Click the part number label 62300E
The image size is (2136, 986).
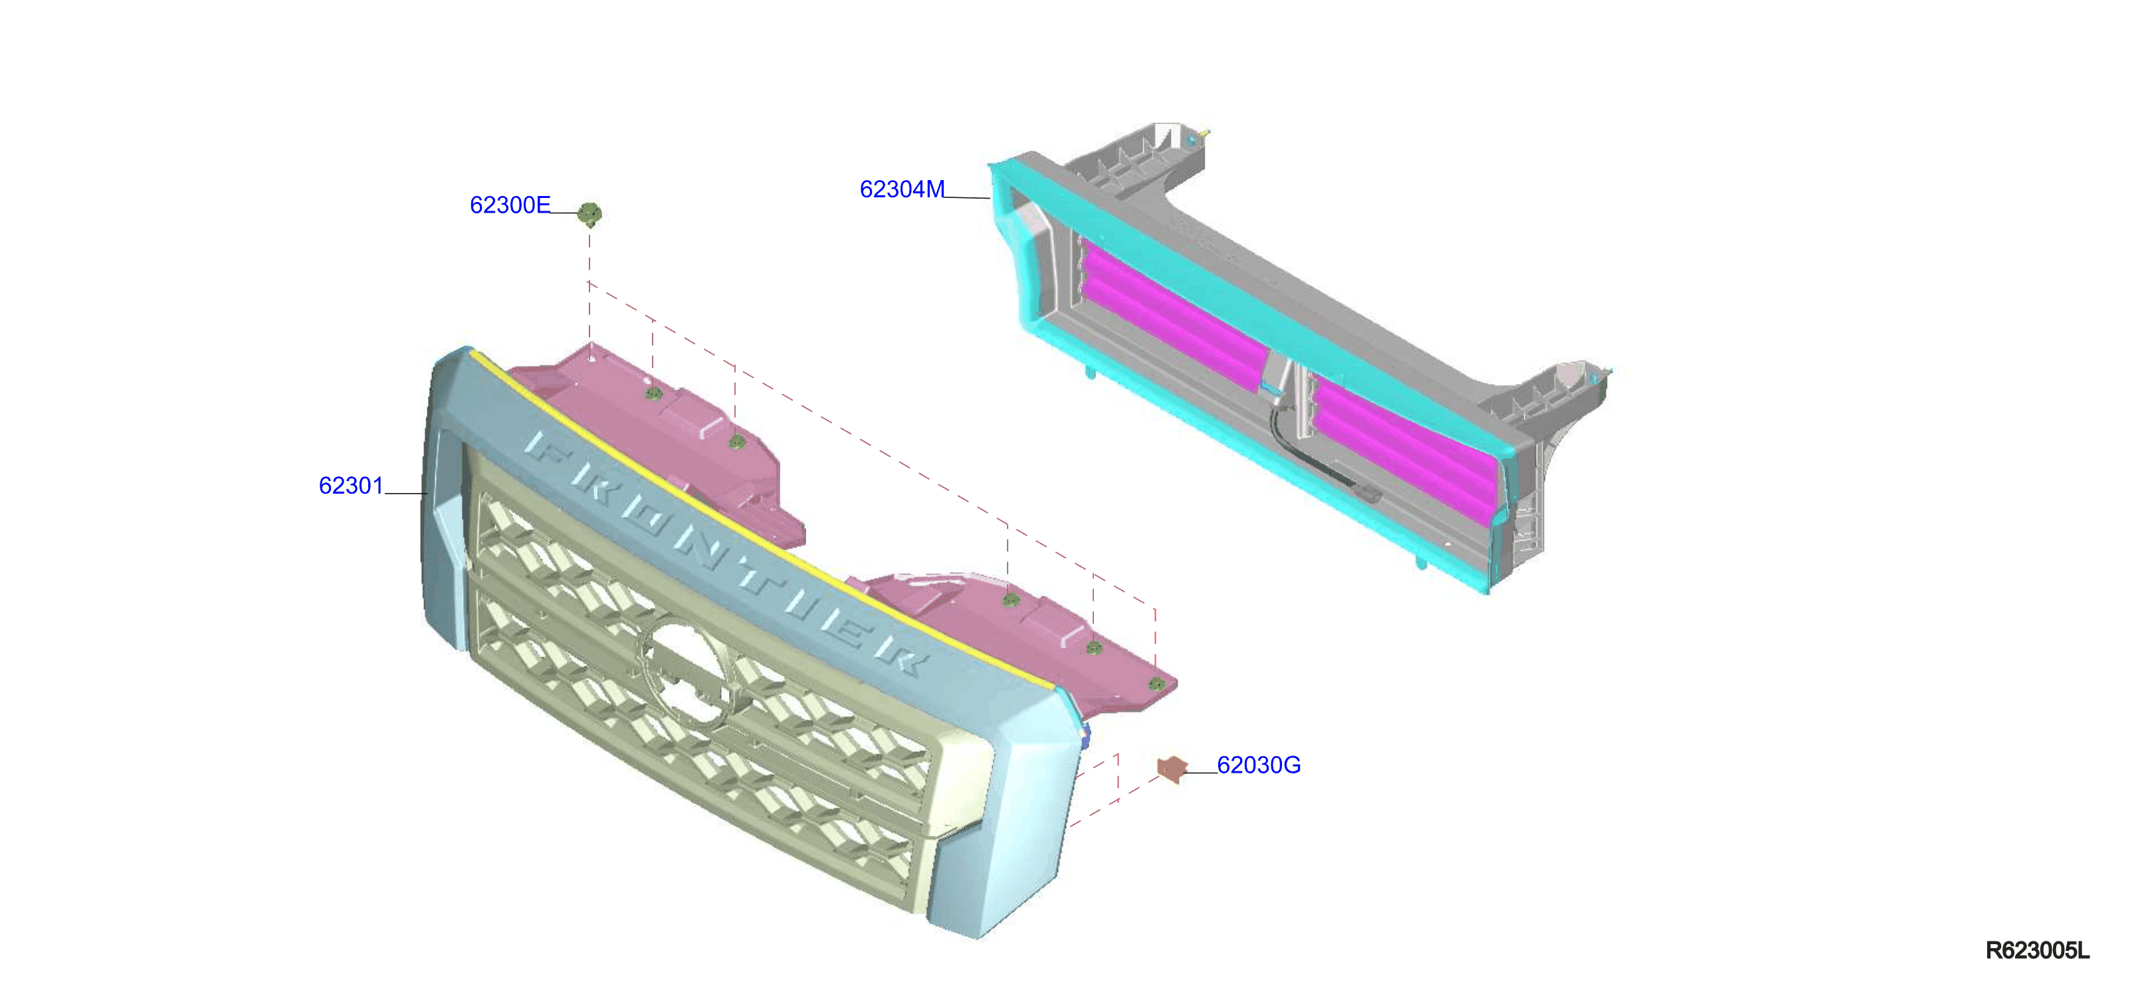[510, 205]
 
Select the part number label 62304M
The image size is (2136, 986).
[902, 189]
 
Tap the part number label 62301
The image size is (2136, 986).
[351, 485]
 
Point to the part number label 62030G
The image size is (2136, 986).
[1259, 765]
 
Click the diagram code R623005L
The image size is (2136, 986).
[2038, 950]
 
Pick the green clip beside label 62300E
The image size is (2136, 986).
[589, 214]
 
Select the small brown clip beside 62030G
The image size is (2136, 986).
[1172, 768]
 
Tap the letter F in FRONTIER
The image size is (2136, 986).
[545, 446]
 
